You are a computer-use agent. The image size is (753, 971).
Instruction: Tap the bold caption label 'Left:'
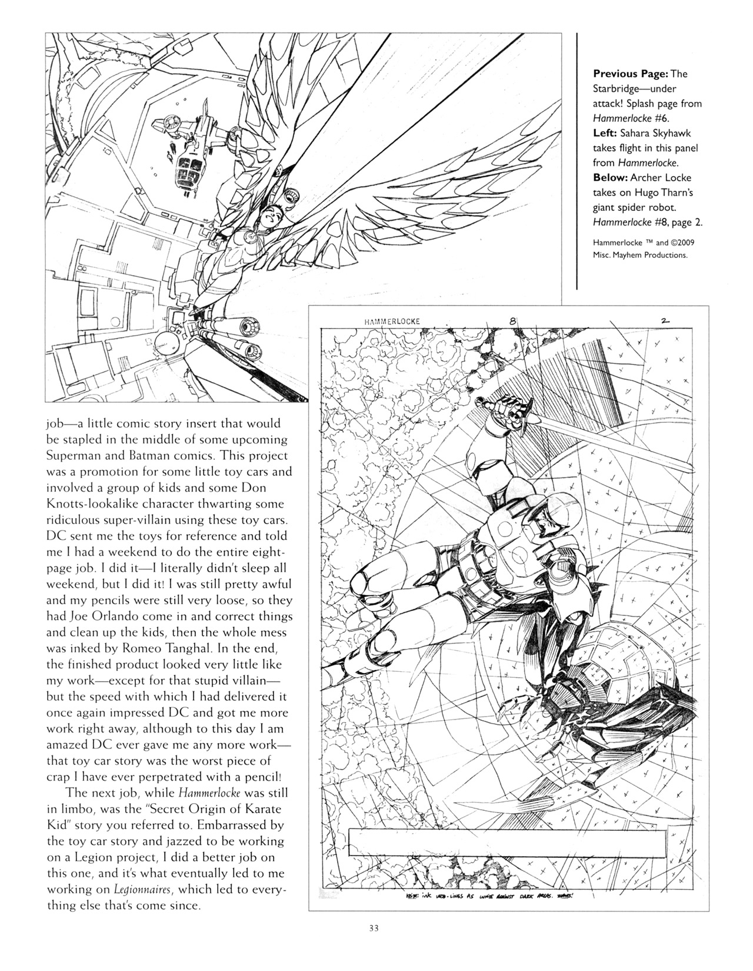pos(606,133)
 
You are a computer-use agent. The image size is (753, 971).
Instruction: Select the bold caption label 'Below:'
pos(611,177)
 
